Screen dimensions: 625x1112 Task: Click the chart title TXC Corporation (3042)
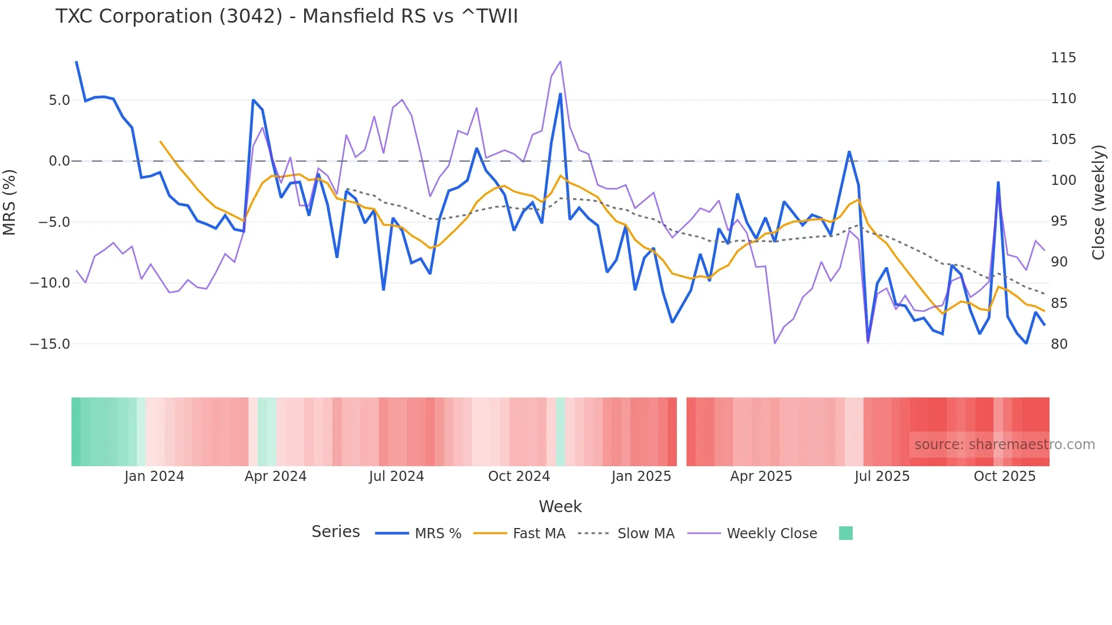[x=287, y=16]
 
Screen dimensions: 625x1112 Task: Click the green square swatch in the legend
[x=845, y=533]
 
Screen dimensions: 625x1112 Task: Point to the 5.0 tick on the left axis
[x=59, y=100]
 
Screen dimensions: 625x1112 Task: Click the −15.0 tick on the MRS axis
[x=50, y=344]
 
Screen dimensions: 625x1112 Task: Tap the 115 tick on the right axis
[x=1063, y=58]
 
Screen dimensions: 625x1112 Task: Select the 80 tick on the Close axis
[x=1059, y=344]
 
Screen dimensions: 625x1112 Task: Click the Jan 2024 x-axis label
[x=154, y=476]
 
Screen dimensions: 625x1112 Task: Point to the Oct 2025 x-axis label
[x=1004, y=476]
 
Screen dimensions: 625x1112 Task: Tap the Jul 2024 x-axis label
[x=396, y=476]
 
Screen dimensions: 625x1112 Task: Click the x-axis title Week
[x=560, y=506]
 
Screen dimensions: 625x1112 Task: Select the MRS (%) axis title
[x=10, y=202]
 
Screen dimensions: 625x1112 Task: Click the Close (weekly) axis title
[x=1098, y=202]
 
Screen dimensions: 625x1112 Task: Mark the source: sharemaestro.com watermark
[x=1004, y=445]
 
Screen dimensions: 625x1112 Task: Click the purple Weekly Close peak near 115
[x=561, y=62]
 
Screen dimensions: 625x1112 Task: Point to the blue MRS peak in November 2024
[x=561, y=94]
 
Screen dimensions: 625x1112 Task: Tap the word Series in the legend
[x=335, y=532]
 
